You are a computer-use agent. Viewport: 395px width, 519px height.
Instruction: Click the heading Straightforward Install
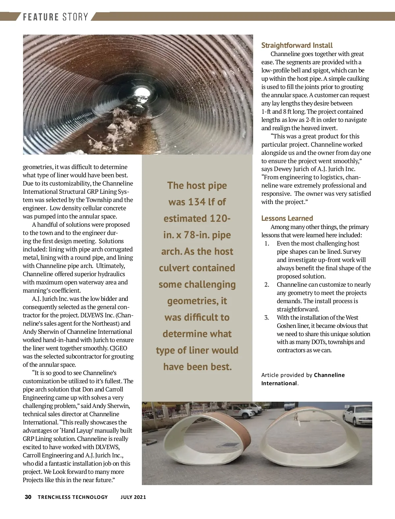[x=297, y=45]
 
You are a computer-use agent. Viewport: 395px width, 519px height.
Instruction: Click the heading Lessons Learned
[x=287, y=218]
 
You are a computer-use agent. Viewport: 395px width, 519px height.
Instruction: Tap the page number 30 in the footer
[x=28, y=497]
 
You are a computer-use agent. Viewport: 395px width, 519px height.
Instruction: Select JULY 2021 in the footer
[x=133, y=497]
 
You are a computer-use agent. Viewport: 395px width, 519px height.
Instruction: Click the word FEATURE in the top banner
[x=41, y=17]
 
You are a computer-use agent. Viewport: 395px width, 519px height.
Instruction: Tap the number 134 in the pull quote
[x=197, y=202]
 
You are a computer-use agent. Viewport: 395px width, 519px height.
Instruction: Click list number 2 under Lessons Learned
[x=267, y=285]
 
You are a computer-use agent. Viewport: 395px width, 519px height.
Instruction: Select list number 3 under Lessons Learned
[x=267, y=318]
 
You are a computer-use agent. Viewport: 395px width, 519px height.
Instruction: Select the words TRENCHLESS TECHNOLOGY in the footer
[x=73, y=497]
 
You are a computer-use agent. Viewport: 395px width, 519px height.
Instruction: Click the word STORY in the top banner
[x=75, y=17]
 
